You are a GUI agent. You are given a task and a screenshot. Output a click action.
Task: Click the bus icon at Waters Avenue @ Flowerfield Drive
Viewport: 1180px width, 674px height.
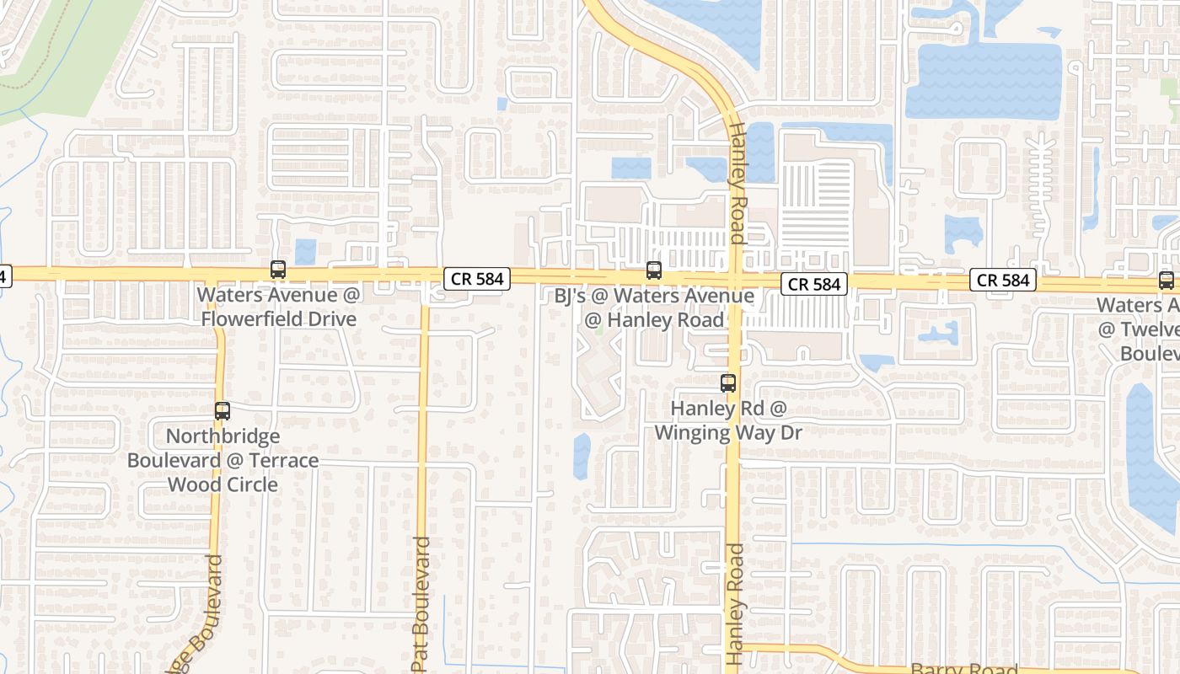tap(278, 270)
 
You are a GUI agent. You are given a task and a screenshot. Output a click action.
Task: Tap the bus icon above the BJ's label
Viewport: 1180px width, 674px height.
tap(654, 270)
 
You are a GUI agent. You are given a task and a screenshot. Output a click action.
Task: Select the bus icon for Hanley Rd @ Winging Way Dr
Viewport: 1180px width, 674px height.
tap(728, 383)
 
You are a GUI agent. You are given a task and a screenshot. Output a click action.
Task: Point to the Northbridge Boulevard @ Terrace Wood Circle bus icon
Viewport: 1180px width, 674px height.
tap(223, 411)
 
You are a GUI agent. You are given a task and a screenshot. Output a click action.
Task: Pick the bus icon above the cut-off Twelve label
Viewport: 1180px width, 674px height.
tap(1167, 281)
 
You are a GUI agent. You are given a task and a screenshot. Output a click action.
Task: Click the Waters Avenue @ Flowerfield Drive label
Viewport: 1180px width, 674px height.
tap(278, 307)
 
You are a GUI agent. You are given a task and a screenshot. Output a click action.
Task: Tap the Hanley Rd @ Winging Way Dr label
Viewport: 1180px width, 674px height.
tap(728, 420)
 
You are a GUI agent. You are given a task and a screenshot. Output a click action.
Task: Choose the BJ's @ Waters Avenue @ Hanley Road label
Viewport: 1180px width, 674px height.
tap(654, 308)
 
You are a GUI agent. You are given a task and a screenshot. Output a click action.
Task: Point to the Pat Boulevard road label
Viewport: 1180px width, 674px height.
tap(421, 603)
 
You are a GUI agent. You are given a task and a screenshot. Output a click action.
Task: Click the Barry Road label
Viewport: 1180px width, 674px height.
tap(964, 668)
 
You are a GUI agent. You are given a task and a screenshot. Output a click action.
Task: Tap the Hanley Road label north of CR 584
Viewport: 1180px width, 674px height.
tap(736, 184)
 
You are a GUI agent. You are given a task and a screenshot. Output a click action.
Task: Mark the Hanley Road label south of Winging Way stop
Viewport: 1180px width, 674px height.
tap(736, 603)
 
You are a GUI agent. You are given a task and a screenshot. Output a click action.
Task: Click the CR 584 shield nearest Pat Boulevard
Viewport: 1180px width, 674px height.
tap(477, 279)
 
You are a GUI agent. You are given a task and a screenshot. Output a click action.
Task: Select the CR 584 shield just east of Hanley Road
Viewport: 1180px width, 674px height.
tap(813, 285)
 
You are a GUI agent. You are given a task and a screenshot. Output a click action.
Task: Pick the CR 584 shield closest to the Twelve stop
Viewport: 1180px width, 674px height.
tap(1004, 280)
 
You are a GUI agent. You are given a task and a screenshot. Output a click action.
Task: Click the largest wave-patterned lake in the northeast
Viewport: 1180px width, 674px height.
tap(982, 81)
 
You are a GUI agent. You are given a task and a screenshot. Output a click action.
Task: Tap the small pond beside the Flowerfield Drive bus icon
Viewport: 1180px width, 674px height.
tap(305, 251)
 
